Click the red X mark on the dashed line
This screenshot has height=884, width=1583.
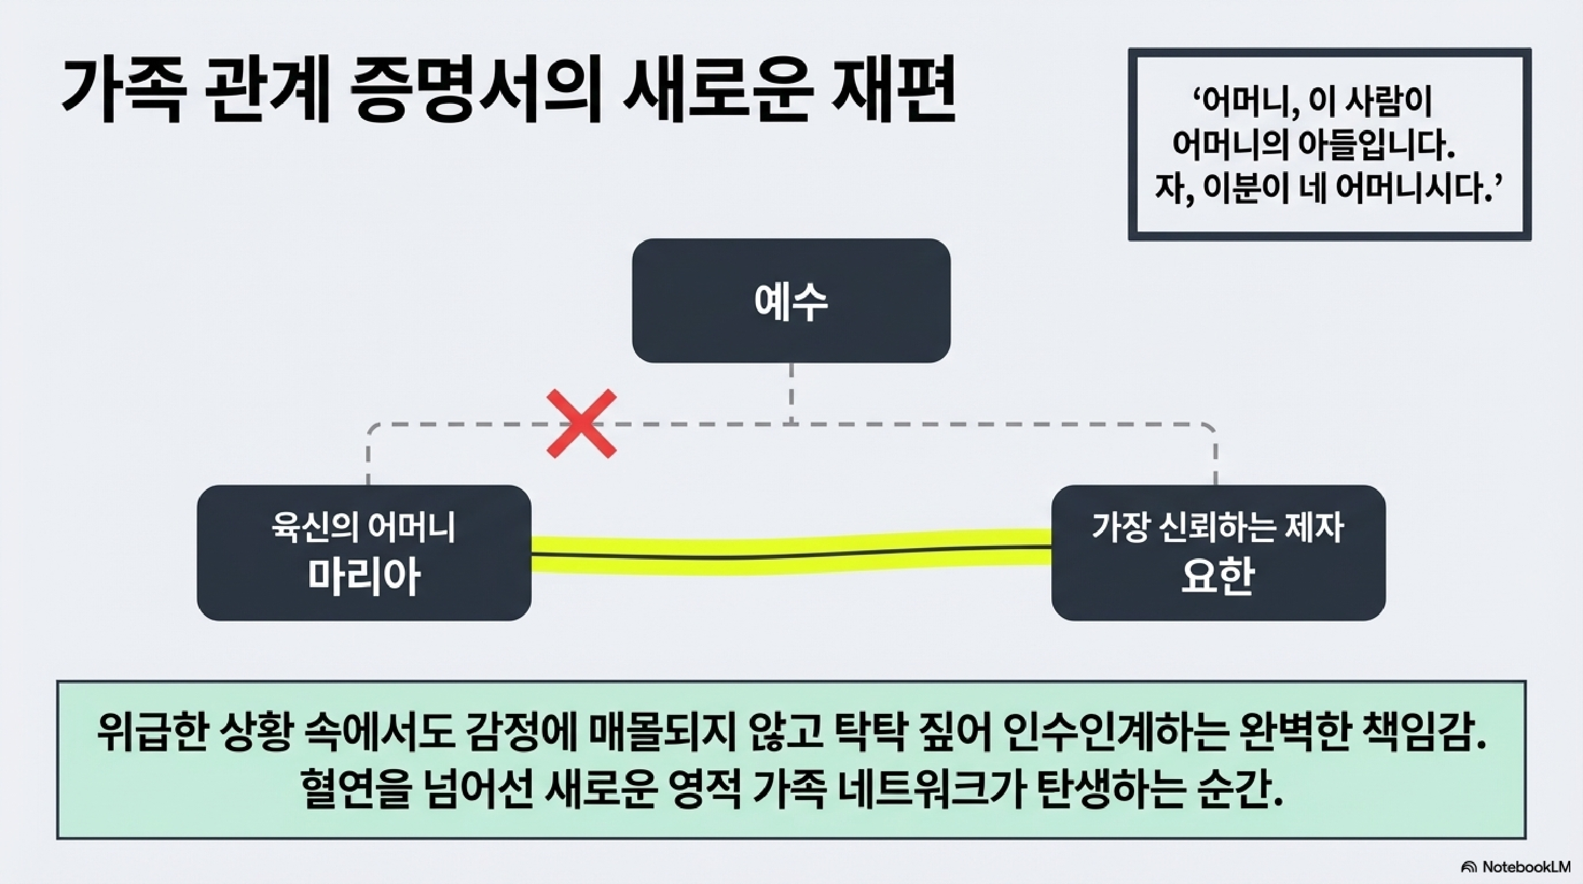click(581, 424)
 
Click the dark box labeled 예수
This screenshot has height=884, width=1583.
click(791, 301)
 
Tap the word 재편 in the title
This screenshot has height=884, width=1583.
click(893, 92)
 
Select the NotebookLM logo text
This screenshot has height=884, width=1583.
click(1523, 867)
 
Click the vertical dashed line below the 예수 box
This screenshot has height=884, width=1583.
click(791, 392)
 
